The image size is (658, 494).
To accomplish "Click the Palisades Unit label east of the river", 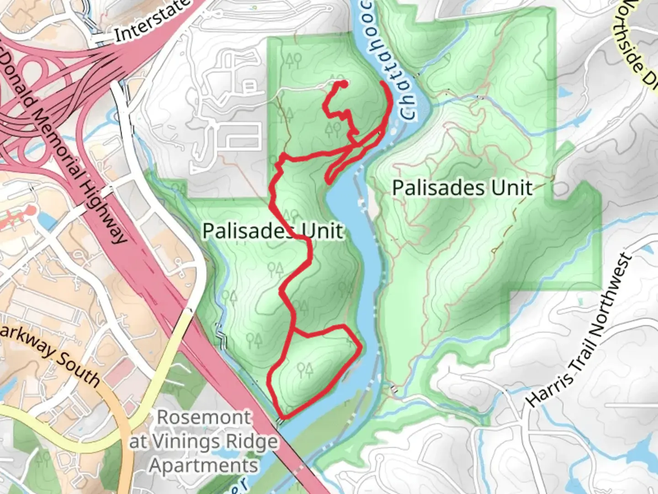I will coord(462,188).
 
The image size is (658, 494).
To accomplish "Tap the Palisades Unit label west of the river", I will coord(272,231).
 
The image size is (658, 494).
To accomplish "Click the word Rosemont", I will coord(204,417).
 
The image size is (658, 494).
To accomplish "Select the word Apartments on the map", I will coord(204,466).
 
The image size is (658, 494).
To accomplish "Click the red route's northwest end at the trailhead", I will coord(342,83).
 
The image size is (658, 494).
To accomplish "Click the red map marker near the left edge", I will coord(30,211).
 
